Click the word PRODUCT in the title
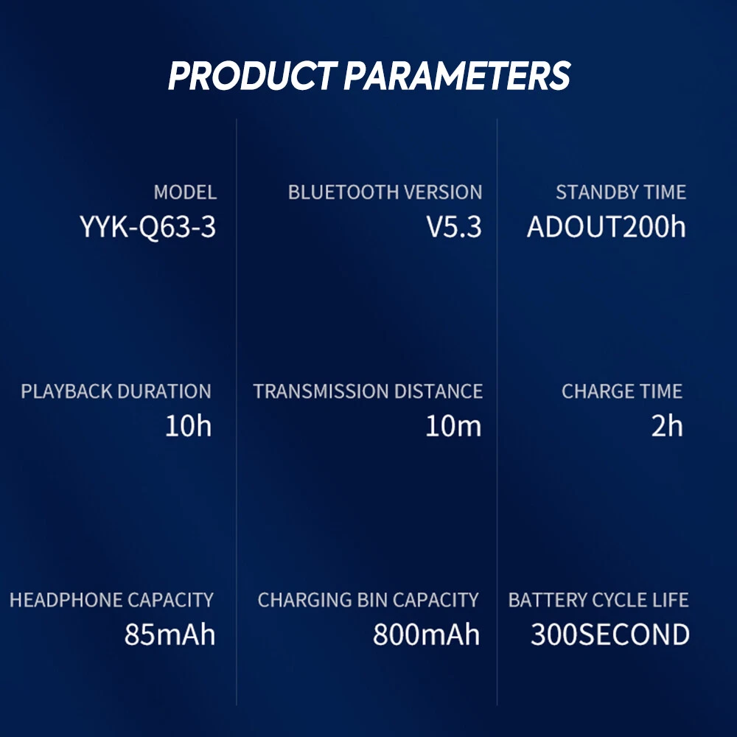click(253, 75)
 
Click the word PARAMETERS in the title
click(457, 75)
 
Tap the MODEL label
click(185, 192)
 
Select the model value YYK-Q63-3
click(147, 227)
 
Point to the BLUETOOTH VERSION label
click(385, 192)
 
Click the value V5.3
click(454, 226)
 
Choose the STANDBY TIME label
click(621, 192)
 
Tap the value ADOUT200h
click(607, 226)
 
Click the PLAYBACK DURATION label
click(116, 391)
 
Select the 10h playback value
click(189, 426)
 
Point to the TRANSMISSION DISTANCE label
click(368, 391)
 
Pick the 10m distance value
click(453, 426)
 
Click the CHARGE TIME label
click(622, 391)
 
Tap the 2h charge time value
click(667, 426)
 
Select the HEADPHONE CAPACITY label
click(111, 600)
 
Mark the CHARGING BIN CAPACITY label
click(368, 600)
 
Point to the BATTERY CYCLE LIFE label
click(598, 600)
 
